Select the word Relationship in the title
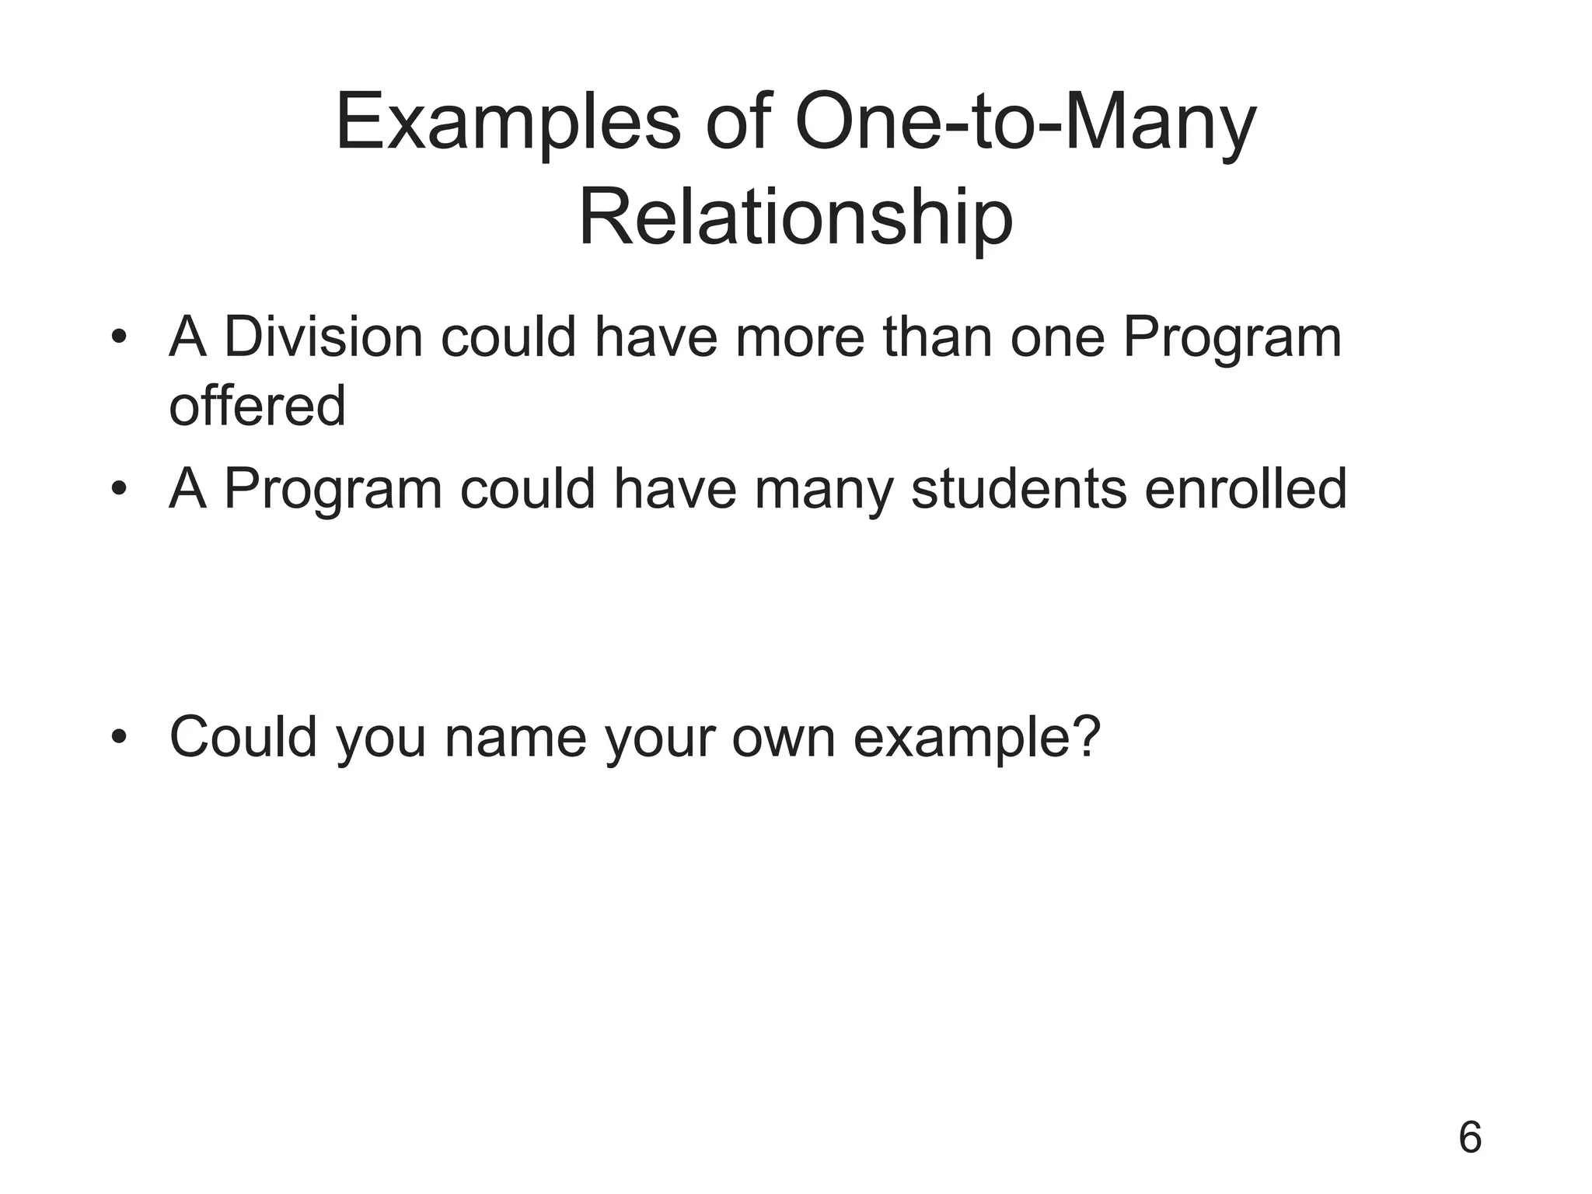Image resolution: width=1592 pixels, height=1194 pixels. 796,219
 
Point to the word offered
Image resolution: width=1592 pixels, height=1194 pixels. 257,407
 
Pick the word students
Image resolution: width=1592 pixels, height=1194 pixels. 1019,489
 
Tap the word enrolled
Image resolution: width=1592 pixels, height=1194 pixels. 1245,489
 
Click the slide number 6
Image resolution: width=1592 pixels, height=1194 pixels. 1470,1138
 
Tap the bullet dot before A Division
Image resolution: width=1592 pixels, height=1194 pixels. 118,339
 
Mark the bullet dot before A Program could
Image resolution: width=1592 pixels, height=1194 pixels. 118,491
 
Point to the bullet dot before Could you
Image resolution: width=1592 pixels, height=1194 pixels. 118,737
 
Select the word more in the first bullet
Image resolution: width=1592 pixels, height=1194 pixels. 799,339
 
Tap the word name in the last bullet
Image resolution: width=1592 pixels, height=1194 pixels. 515,737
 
